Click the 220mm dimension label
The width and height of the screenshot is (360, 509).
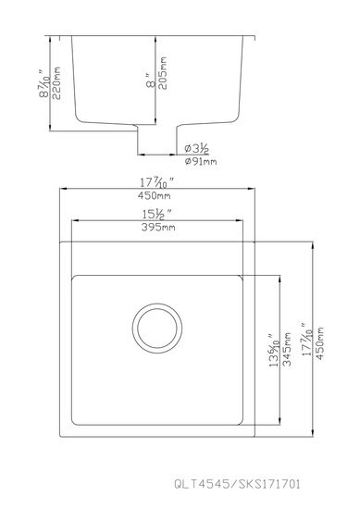click(x=56, y=83)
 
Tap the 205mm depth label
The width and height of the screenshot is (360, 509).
click(x=162, y=73)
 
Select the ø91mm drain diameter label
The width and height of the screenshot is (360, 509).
click(x=201, y=161)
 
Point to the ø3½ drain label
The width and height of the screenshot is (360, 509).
click(x=197, y=149)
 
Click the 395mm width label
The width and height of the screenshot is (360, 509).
click(x=158, y=228)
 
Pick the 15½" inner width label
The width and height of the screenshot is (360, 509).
click(x=156, y=215)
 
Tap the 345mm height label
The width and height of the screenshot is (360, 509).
click(x=287, y=349)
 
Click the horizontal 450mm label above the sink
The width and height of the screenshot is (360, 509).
click(x=155, y=196)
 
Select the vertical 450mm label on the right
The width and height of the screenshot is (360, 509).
click(x=320, y=343)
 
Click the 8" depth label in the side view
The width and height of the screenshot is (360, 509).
click(x=151, y=81)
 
